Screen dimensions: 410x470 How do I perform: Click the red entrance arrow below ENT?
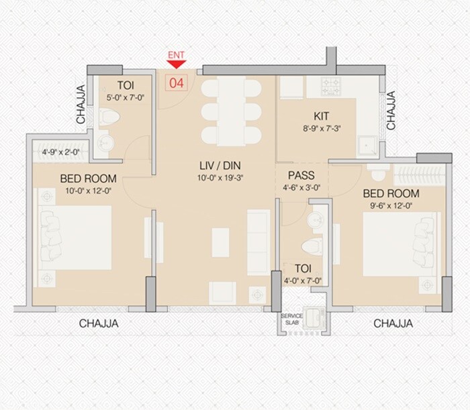[x=176, y=64]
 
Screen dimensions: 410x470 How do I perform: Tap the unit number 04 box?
[x=176, y=83]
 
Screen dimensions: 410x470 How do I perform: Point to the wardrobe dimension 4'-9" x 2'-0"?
[x=60, y=152]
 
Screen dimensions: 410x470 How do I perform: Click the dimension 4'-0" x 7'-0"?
[x=301, y=280]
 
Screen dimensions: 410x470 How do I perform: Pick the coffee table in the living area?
[x=220, y=241]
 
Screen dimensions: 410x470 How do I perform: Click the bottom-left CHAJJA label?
[x=99, y=323]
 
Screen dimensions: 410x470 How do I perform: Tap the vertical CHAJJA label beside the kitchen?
[x=391, y=111]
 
